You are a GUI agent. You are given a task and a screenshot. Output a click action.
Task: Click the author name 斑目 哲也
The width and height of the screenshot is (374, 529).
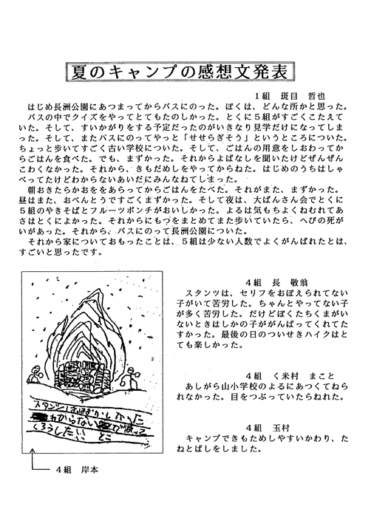pyautogui.click(x=303, y=96)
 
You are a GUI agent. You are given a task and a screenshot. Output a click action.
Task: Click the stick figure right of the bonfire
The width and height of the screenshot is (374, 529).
pyautogui.click(x=134, y=381)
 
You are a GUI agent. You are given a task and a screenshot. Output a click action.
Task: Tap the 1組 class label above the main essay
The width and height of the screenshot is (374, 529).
pyautogui.click(x=264, y=96)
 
